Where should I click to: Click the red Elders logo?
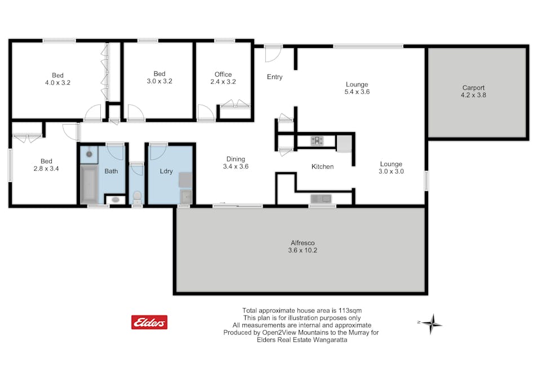tap(149, 322)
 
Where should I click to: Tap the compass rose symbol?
tap(432, 323)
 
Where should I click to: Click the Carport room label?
tap(473, 87)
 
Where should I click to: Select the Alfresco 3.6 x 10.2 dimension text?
tap(303, 251)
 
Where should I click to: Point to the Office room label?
tap(223, 75)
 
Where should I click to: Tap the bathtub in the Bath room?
tap(90, 184)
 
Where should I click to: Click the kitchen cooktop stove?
tap(317, 141)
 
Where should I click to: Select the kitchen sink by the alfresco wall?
tap(321, 199)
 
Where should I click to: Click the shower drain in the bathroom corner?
tap(89, 154)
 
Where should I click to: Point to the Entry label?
tap(274, 77)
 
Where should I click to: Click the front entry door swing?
tap(273, 54)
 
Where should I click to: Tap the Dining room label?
tap(235, 159)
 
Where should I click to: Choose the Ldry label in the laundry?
tap(166, 171)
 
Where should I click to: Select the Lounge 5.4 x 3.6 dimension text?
tap(357, 92)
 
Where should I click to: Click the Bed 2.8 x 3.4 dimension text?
tap(46, 169)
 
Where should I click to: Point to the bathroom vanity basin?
tap(115, 199)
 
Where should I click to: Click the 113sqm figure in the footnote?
tap(350, 310)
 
